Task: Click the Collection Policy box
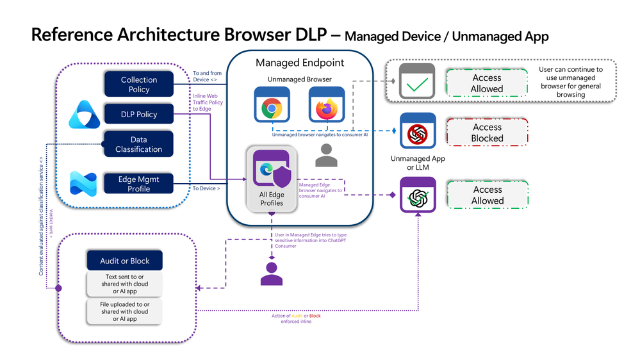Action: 139,85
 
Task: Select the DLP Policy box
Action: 139,115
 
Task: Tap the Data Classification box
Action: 139,144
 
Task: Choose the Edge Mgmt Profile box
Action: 139,184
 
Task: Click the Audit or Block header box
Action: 125,261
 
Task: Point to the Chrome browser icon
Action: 272,106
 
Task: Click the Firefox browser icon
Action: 327,106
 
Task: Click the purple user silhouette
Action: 271,273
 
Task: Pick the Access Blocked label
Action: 488,133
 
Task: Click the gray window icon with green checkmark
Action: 417,81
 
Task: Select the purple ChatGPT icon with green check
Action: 418,195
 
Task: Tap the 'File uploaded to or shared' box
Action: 125,311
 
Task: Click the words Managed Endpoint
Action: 300,63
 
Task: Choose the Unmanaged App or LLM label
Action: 417,163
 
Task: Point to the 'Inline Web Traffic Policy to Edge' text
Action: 207,102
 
